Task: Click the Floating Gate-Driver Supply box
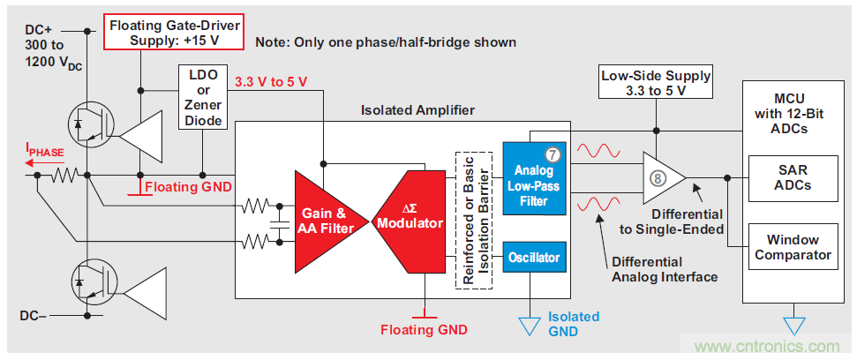coord(174,30)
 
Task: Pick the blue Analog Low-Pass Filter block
coord(533,177)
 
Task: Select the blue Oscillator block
coord(533,258)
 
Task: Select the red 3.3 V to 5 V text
coord(271,82)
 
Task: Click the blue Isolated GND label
coord(573,324)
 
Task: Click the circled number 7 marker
coord(553,154)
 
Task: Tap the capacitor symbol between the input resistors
coord(279,224)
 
